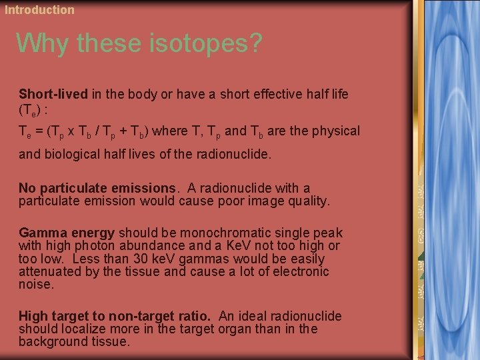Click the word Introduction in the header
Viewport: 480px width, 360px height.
pyautogui.click(x=39, y=9)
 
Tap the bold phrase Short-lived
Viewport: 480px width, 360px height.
pyautogui.click(x=53, y=94)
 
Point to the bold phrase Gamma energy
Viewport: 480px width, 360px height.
pyautogui.click(x=67, y=233)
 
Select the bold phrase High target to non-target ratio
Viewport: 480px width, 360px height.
pyautogui.click(x=113, y=316)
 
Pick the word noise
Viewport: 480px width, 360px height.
pyautogui.click(x=35, y=284)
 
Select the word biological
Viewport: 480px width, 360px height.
pyautogui.click(x=73, y=154)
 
